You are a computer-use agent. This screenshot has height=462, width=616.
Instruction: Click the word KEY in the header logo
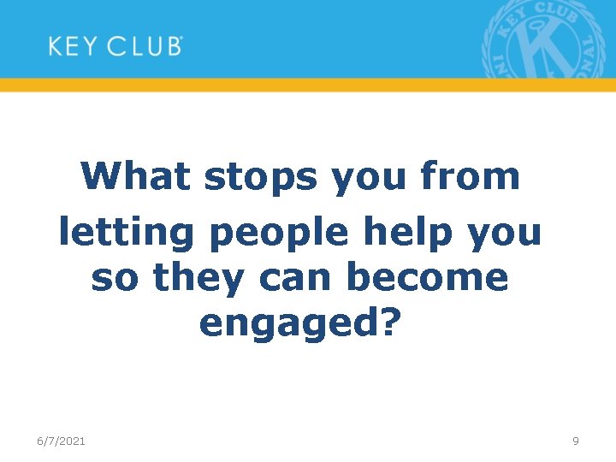[72, 45]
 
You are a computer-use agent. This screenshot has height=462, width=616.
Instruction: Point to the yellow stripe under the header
[308, 85]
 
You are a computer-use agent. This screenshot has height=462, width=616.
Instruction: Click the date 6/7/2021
[61, 441]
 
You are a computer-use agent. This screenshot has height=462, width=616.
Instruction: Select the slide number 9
[576, 441]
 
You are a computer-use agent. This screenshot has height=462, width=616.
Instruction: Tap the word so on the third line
[113, 279]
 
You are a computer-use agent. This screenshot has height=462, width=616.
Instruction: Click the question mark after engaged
[390, 322]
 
